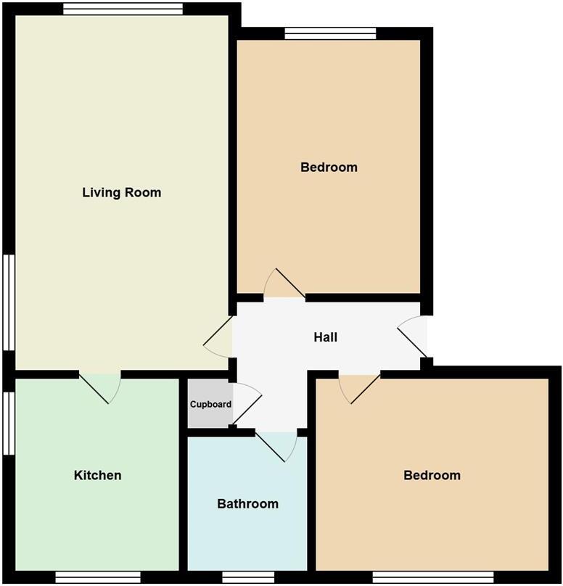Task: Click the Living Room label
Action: tap(121, 193)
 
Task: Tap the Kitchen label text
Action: tap(97, 476)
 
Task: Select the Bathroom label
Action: tap(247, 503)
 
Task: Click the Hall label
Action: tap(326, 337)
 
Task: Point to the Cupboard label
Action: tap(210, 405)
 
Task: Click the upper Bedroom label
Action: tap(329, 168)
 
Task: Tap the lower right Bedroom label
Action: tap(432, 476)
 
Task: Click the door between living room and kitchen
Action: tap(101, 385)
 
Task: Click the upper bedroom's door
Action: tap(284, 286)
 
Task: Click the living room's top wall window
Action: tap(122, 9)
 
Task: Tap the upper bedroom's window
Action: tap(330, 33)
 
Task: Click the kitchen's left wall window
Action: tap(8, 424)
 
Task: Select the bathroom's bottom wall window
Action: tap(248, 577)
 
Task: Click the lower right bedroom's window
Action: tap(432, 577)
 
